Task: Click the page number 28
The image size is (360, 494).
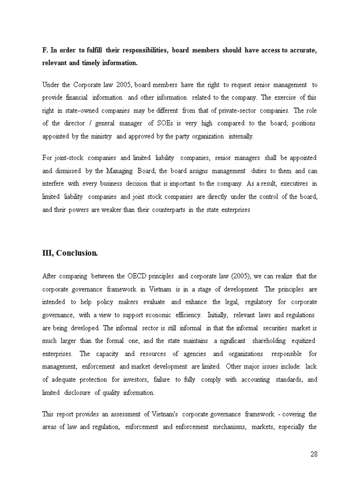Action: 314,454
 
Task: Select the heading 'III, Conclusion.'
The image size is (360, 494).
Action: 70,253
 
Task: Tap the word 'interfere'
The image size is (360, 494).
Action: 53,184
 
